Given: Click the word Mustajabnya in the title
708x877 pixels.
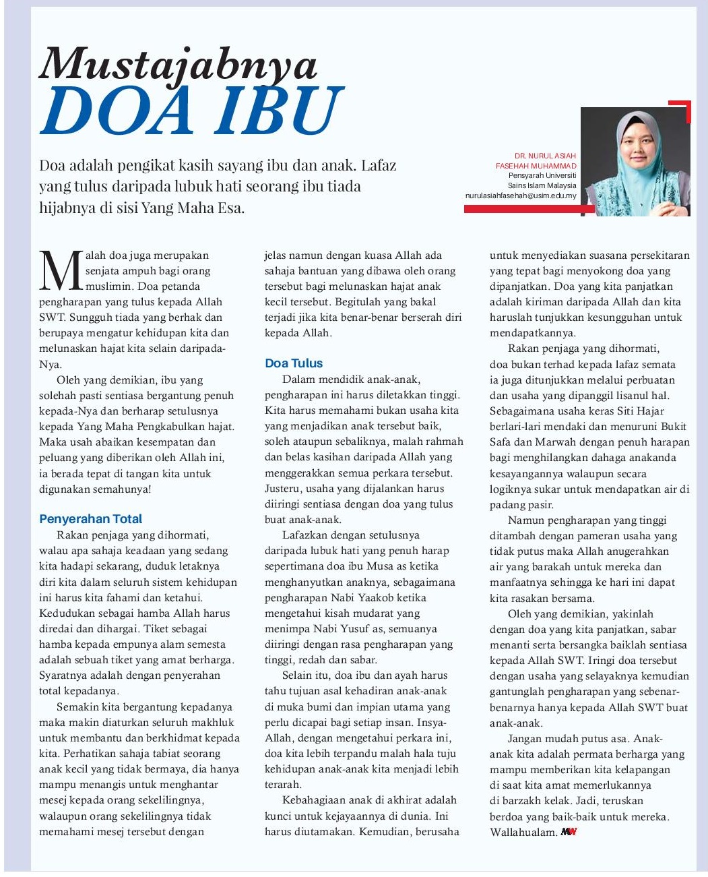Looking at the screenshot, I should [178, 65].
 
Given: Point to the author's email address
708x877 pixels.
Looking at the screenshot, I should [521, 195].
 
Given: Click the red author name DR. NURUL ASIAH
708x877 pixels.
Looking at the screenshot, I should [545, 156].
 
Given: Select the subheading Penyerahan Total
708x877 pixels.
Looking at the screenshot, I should [90, 519].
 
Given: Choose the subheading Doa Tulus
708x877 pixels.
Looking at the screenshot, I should [294, 363].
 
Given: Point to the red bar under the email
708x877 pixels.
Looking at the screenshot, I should [529, 210].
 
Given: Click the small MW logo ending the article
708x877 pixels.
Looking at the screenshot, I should [569, 832].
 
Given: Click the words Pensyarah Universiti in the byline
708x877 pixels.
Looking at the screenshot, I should [542, 175].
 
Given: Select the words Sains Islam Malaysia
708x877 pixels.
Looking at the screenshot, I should [542, 185].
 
